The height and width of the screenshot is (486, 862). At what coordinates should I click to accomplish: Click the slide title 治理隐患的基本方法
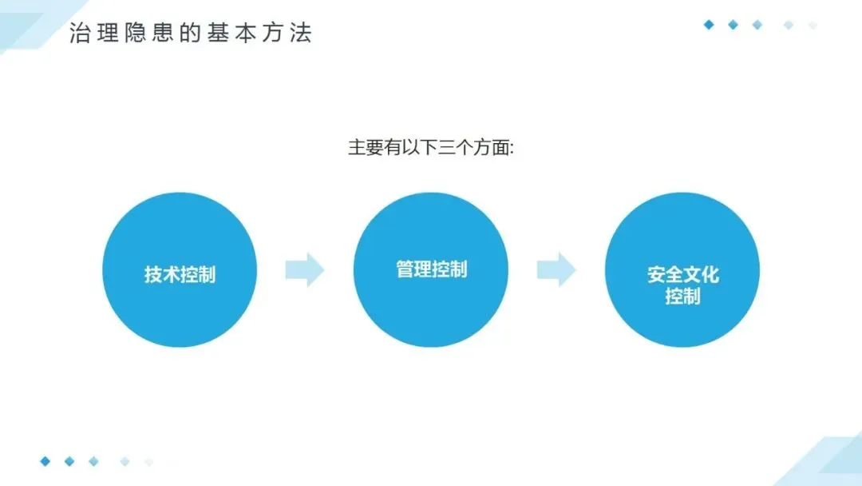pos(190,34)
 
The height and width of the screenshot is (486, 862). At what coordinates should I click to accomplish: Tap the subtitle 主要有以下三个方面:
pos(430,148)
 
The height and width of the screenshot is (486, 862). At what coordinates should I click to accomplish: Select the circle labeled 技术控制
pos(180,270)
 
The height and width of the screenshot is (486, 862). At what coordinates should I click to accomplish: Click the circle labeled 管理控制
pos(431,269)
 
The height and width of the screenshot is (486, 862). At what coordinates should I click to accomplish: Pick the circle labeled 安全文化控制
pos(682,270)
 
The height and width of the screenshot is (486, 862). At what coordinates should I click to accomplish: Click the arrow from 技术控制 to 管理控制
pos(305,269)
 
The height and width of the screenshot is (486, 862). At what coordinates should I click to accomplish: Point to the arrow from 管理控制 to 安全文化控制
pos(556,269)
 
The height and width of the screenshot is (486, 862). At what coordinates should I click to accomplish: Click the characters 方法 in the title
pos(287,34)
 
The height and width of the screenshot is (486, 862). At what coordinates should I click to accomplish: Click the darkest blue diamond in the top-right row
pos(708,25)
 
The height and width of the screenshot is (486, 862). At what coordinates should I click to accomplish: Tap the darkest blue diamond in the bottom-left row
pos(45,461)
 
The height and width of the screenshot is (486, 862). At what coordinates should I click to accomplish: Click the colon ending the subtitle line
pos(511,149)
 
